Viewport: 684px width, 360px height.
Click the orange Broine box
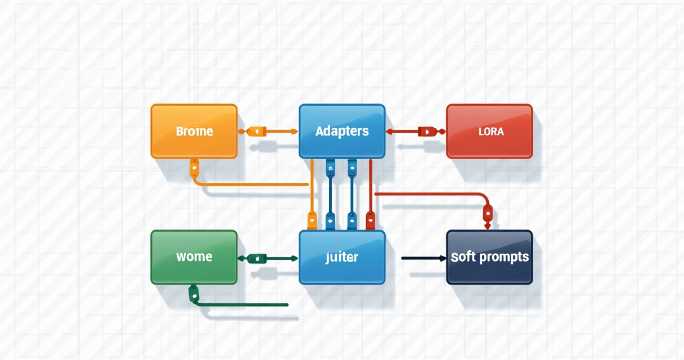pyautogui.click(x=194, y=131)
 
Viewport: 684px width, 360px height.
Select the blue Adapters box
pyautogui.click(x=342, y=131)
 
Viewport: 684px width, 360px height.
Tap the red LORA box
pyautogui.click(x=489, y=131)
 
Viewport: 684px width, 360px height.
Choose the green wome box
pyautogui.click(x=194, y=257)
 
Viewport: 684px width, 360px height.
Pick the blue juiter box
pyautogui.click(x=342, y=257)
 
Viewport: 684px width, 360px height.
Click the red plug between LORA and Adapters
pyautogui.click(x=426, y=131)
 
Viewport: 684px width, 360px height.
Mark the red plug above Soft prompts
pyautogui.click(x=488, y=213)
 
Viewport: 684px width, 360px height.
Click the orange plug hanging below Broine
pyautogui.click(x=195, y=166)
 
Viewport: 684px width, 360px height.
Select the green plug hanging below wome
pyautogui.click(x=193, y=292)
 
